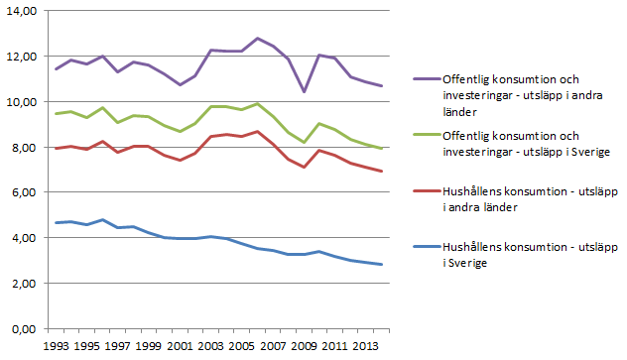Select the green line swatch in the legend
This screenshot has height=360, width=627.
428,135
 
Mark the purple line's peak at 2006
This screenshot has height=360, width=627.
258,39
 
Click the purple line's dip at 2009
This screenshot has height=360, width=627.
303,91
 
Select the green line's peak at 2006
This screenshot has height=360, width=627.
258,103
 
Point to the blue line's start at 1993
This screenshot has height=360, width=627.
57,222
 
